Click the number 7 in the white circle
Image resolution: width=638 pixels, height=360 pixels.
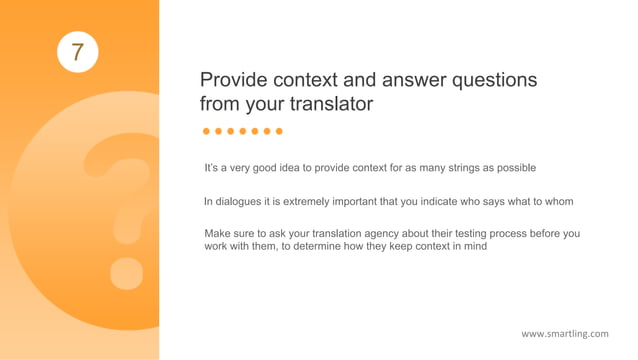pyautogui.click(x=77, y=50)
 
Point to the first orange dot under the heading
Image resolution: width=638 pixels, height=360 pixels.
pyautogui.click(x=207, y=131)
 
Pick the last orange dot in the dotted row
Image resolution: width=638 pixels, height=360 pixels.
pyautogui.click(x=279, y=131)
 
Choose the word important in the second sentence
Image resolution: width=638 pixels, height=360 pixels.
pyautogui.click(x=362, y=201)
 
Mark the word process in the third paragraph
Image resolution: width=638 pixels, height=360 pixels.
pyautogui.click(x=509, y=233)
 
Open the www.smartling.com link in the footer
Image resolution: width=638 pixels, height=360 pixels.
pyautogui.click(x=565, y=333)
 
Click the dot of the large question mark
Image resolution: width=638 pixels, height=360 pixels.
pyautogui.click(x=127, y=271)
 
